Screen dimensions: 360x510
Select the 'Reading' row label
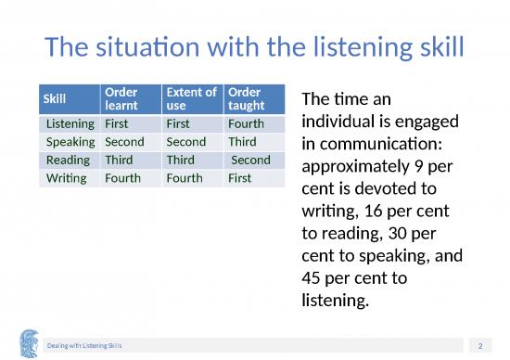tap(70, 160)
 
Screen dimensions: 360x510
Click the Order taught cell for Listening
tap(246, 123)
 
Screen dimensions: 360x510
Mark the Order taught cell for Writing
tap(239, 177)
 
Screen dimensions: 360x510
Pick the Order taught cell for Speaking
tap(242, 142)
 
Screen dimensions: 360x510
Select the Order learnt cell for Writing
tap(123, 177)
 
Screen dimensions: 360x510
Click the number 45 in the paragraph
tap(313, 278)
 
